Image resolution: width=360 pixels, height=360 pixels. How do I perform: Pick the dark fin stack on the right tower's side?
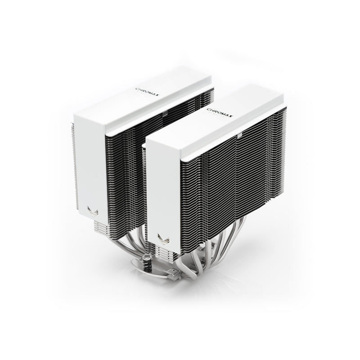pos(234,189)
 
